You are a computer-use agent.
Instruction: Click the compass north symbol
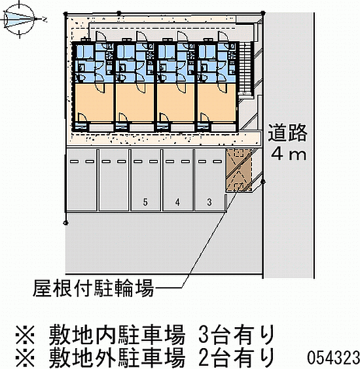click(x=19, y=19)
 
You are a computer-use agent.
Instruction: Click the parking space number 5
click(x=145, y=202)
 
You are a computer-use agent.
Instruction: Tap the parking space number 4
click(x=177, y=202)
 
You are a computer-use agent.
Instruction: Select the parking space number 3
click(x=209, y=202)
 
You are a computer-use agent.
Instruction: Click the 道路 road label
click(x=288, y=133)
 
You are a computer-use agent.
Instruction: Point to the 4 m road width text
click(x=289, y=154)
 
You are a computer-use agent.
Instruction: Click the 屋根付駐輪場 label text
click(x=93, y=288)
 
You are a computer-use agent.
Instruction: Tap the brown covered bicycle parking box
click(x=239, y=170)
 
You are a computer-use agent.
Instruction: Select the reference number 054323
click(x=333, y=357)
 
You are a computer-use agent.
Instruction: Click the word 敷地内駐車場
click(x=117, y=334)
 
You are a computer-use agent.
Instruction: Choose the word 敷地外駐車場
click(x=117, y=357)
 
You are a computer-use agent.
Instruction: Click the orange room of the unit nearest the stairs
click(x=217, y=103)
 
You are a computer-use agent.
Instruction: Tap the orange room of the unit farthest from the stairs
click(x=94, y=103)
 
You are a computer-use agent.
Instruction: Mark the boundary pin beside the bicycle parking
click(x=263, y=182)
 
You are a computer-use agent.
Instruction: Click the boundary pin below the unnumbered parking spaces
click(x=66, y=222)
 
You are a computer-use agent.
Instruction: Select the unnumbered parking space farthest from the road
click(x=81, y=180)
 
